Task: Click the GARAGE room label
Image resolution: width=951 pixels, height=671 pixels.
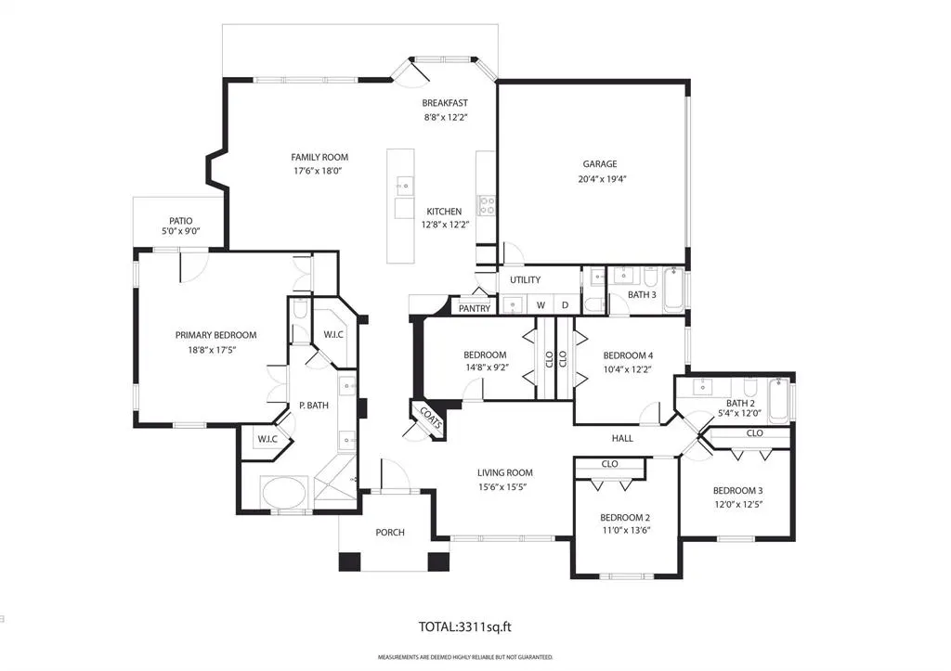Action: (600, 163)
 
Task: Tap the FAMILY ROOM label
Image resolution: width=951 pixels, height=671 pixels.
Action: (319, 157)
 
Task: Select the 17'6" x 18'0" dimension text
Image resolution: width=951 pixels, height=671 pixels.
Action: (319, 171)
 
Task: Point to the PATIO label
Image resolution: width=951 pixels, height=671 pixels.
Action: (181, 221)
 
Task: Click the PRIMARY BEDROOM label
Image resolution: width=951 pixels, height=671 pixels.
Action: (215, 335)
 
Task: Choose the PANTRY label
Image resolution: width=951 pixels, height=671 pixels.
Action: (475, 308)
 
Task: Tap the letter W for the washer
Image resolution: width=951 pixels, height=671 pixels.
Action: (541, 305)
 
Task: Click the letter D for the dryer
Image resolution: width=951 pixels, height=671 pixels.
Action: (566, 305)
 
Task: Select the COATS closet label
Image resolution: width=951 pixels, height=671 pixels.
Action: (430, 418)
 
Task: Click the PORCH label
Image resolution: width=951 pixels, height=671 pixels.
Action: (390, 532)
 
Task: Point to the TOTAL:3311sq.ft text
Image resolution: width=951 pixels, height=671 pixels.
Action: (465, 626)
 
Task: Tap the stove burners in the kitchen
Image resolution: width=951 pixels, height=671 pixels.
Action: (487, 205)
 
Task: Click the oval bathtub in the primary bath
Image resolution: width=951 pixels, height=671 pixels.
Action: (284, 492)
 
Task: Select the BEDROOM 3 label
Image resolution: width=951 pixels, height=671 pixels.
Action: (738, 490)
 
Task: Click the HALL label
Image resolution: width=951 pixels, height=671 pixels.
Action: (622, 438)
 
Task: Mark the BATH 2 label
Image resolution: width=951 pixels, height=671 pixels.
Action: (740, 403)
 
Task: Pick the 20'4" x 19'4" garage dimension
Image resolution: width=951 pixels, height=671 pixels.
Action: (602, 179)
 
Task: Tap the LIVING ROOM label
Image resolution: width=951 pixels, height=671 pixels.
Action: (504, 472)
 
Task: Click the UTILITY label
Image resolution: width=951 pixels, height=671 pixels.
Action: (526, 279)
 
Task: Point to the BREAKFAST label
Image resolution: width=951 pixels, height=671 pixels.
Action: (445, 103)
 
